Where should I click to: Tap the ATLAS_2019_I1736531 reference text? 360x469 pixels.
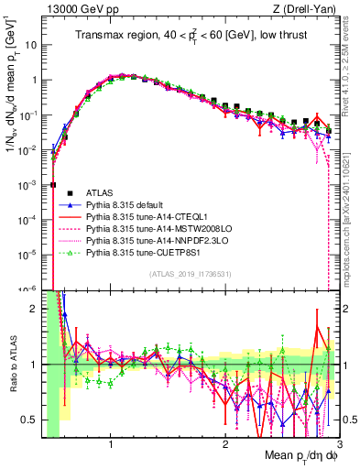[x=189, y=275]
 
